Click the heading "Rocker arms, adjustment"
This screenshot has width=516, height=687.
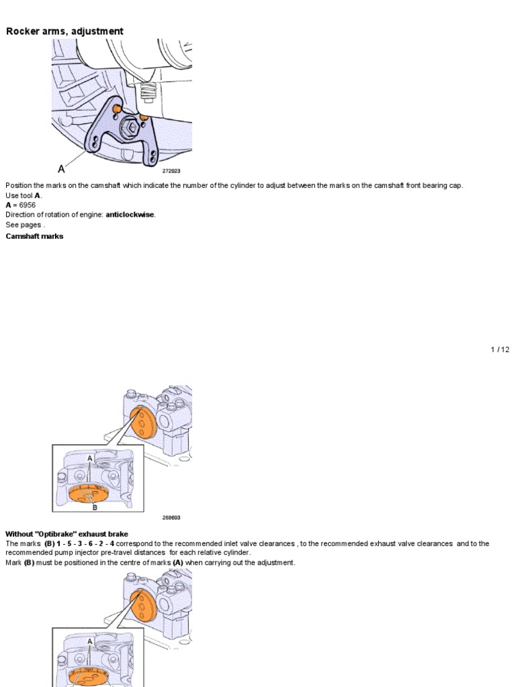[x=64, y=32]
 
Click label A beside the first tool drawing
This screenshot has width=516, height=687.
[x=61, y=169]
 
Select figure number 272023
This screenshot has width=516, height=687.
[x=171, y=171]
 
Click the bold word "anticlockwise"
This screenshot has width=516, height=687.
[x=130, y=215]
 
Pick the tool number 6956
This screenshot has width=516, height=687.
[x=27, y=205]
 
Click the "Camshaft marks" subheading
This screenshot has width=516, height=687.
[x=34, y=236]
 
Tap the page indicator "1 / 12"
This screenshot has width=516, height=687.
[x=500, y=350]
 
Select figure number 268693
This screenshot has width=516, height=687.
[x=171, y=517]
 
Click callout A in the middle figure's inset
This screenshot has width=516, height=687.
[x=90, y=458]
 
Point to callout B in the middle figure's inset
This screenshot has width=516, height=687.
[x=95, y=508]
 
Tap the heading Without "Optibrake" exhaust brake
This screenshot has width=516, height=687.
[x=67, y=534]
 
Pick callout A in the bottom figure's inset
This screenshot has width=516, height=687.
[x=90, y=641]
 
